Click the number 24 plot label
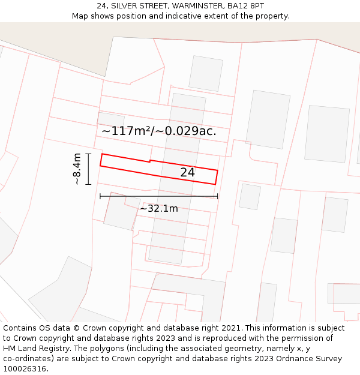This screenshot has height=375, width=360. tap(187, 173)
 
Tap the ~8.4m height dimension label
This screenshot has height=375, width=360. tap(76, 169)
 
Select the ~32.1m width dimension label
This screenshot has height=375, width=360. tap(159, 209)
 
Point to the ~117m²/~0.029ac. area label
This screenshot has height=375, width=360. tap(158, 131)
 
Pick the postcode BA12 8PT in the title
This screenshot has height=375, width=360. tap(245, 6)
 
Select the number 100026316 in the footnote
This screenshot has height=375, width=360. tap(23, 369)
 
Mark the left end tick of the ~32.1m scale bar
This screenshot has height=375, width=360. tap(100, 196)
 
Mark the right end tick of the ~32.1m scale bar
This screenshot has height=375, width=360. tap(218, 196)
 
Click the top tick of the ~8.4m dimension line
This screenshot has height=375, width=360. tap(88, 154)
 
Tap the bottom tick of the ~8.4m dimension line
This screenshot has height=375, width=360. tap(88, 184)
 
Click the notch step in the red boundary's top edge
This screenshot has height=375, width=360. tap(150, 161)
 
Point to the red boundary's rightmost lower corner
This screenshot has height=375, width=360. tap(215, 184)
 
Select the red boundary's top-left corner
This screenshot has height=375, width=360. tap(101, 154)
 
